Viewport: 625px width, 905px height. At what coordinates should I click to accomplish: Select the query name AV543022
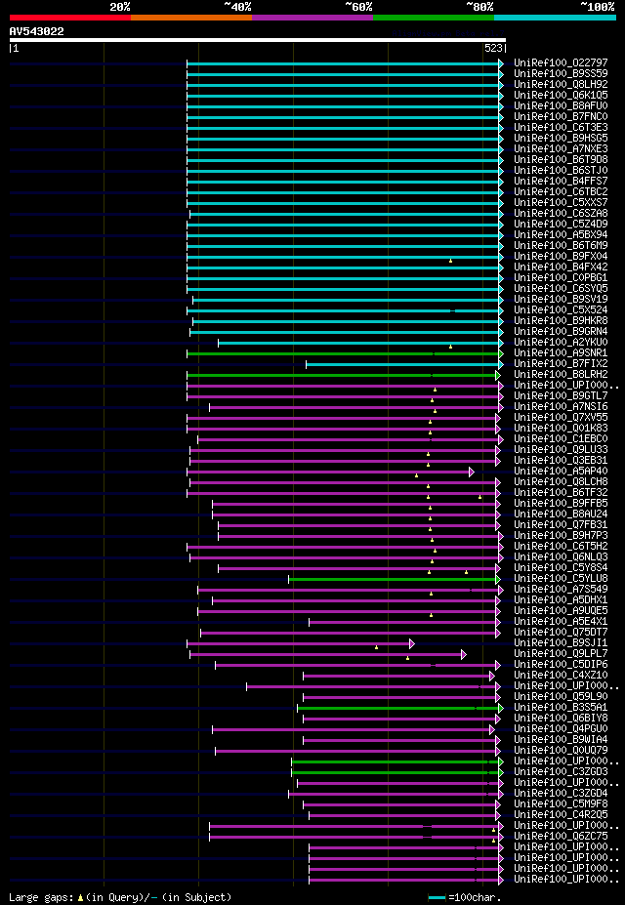click(36, 31)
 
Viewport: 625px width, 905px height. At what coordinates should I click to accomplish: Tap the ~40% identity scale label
click(237, 7)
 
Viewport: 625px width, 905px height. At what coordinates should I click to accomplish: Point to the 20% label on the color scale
click(120, 7)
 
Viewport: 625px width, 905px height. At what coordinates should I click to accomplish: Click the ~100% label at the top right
click(597, 7)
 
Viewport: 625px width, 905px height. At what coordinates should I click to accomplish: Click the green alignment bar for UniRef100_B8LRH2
click(342, 375)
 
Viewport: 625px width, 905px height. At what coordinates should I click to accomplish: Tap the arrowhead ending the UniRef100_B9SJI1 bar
click(412, 643)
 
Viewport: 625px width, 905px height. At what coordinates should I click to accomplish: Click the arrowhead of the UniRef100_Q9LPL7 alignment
click(464, 654)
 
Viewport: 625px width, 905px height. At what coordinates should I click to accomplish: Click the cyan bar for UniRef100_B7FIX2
click(400, 364)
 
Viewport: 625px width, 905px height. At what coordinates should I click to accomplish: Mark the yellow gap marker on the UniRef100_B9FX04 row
click(450, 261)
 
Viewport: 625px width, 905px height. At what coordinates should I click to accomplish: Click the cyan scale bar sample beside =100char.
click(436, 896)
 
